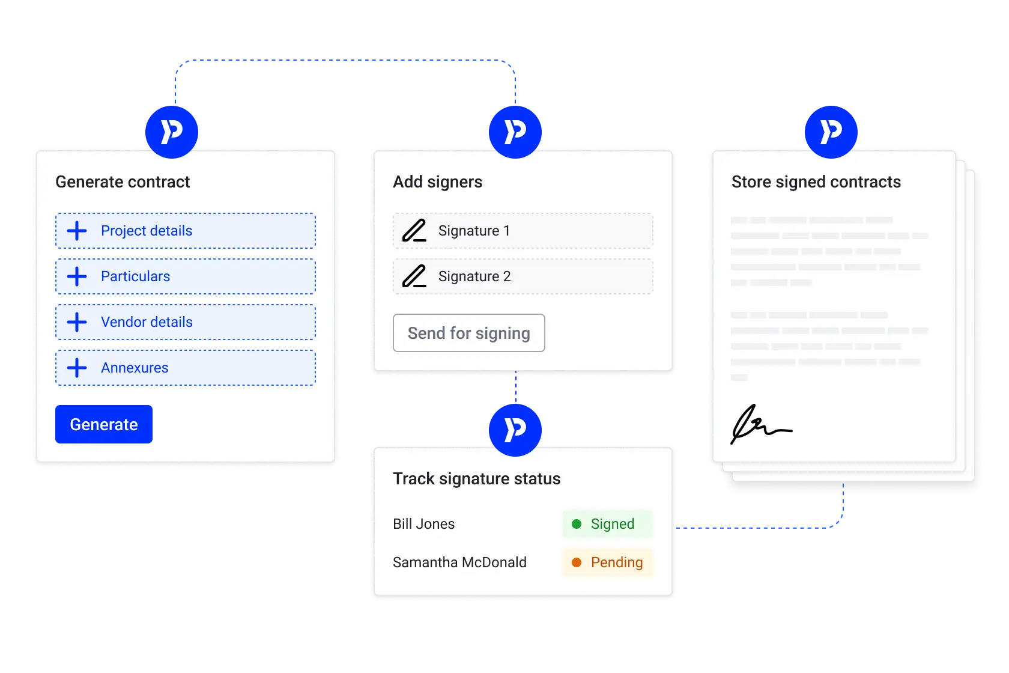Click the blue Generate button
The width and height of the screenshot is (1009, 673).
tap(104, 424)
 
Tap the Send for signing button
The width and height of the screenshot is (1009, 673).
tap(468, 333)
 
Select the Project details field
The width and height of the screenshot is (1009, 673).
tap(186, 231)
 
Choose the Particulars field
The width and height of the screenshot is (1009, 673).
tap(186, 276)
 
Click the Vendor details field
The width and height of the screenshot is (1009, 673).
tap(186, 322)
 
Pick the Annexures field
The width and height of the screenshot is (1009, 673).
tap(186, 368)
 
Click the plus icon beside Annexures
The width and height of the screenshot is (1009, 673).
tap(77, 368)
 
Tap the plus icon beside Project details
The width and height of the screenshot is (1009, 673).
tap(77, 231)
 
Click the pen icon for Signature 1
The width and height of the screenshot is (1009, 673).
tap(414, 231)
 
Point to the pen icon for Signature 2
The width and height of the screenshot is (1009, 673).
tap(414, 276)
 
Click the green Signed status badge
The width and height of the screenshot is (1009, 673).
tap(607, 524)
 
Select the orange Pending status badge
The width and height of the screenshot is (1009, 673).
tap(607, 562)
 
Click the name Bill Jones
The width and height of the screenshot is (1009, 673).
tap(423, 524)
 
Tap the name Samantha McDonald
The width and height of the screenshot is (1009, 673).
tap(459, 562)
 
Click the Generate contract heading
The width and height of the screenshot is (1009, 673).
tap(123, 182)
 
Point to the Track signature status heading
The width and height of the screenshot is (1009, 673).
tap(476, 479)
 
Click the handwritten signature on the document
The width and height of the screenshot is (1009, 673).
tap(760, 424)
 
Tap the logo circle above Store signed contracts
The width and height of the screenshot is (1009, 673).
tap(831, 132)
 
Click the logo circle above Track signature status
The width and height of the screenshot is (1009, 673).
tap(515, 430)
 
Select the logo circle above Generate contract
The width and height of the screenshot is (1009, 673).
tap(172, 132)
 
